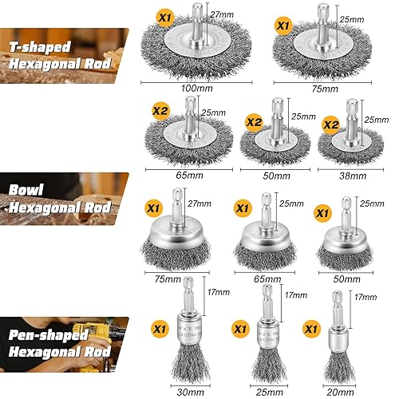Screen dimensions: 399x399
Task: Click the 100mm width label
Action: [197, 88]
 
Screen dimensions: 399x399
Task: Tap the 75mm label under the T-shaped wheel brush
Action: [325, 89]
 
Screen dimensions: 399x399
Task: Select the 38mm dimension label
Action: [353, 176]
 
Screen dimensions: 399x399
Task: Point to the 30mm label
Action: [191, 392]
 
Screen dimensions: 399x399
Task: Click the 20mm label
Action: [341, 392]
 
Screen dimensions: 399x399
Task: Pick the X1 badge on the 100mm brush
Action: [165, 18]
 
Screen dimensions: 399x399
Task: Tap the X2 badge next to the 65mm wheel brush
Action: [160, 111]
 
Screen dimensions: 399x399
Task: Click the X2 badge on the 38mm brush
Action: [331, 124]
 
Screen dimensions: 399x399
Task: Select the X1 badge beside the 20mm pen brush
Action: [311, 329]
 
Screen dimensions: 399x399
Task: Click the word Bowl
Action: [26, 190]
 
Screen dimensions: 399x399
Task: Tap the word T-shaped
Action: [40, 47]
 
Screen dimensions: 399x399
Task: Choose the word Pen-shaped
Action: [48, 335]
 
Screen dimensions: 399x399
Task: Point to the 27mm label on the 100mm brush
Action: [222, 14]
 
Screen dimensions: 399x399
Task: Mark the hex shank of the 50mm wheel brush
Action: [277, 118]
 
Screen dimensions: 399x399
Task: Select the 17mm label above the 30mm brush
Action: [219, 292]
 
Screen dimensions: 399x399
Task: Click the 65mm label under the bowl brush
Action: [267, 279]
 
